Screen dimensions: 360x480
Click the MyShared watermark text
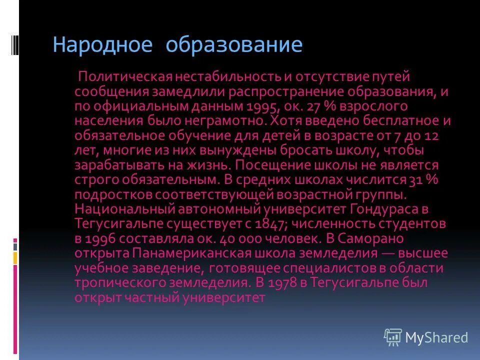click(x=436, y=338)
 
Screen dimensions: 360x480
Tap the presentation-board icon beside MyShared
click(x=393, y=337)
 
